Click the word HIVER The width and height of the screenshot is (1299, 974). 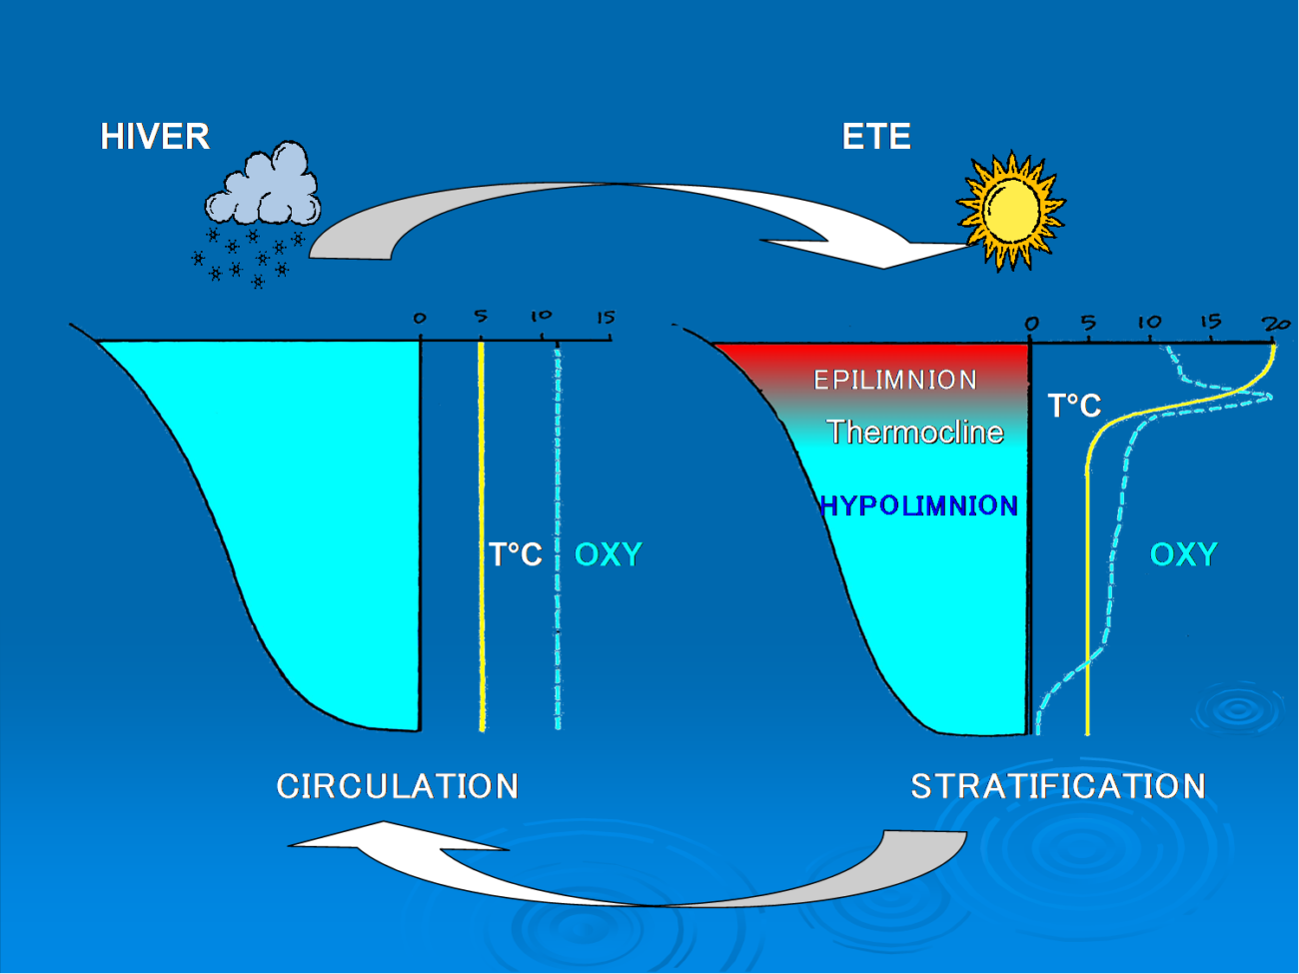(x=155, y=137)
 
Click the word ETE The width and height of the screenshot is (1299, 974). (x=876, y=137)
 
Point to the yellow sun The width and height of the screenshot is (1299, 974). (x=1011, y=210)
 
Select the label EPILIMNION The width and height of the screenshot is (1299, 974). (x=895, y=381)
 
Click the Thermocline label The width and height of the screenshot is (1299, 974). (x=914, y=433)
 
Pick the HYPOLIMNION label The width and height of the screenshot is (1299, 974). (x=919, y=506)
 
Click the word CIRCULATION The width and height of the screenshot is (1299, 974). (x=397, y=787)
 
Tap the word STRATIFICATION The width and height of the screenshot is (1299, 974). (x=1057, y=787)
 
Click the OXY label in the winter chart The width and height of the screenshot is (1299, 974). (x=608, y=554)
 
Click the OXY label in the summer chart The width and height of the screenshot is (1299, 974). (x=1183, y=554)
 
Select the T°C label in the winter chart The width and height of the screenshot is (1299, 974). (x=516, y=554)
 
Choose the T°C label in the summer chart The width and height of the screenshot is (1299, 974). (x=1074, y=406)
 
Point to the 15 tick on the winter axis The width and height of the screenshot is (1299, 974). (x=606, y=319)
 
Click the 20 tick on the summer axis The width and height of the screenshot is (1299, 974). (x=1276, y=324)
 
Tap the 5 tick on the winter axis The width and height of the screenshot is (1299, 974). (x=481, y=317)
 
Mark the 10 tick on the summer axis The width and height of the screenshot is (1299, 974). (x=1149, y=323)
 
